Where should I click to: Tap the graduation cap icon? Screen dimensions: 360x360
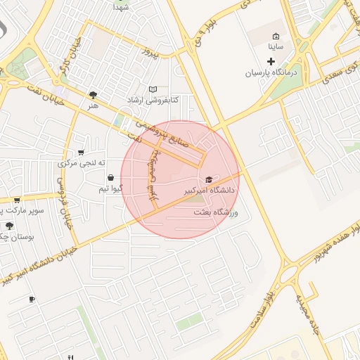tap(209, 180)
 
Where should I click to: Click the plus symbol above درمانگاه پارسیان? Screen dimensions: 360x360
tap(271, 62)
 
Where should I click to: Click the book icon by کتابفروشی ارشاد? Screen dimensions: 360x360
tap(153, 89)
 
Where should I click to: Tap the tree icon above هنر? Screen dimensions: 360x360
tap(93, 94)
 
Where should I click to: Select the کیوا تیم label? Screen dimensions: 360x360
tap(112, 188)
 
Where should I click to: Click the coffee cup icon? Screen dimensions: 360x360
tap(32, 300)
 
